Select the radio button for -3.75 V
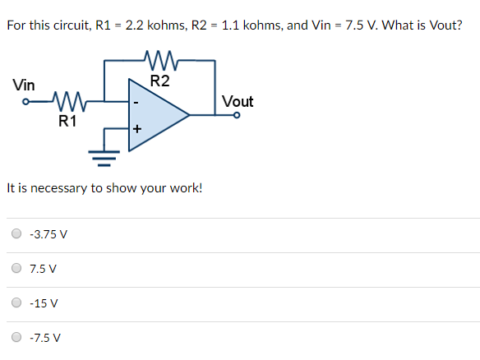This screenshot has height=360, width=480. (x=17, y=233)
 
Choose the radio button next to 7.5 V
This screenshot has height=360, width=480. (x=17, y=268)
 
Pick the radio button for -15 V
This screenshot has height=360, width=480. (x=17, y=302)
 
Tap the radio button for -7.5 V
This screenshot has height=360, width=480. (x=17, y=337)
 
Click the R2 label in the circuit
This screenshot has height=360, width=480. (x=160, y=81)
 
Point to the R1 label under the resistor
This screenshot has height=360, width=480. (x=67, y=122)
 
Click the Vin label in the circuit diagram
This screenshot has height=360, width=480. (x=24, y=85)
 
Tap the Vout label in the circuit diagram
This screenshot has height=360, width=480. (x=238, y=101)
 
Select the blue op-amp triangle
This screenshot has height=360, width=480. (x=156, y=116)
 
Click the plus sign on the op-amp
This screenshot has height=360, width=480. (x=136, y=129)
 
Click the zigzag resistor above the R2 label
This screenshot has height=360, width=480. (x=159, y=59)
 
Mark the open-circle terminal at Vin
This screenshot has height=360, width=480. (x=27, y=104)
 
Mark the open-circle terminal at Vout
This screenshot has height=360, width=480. (x=238, y=116)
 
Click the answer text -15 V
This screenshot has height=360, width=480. (x=43, y=303)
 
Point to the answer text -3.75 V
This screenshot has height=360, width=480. (x=48, y=234)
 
